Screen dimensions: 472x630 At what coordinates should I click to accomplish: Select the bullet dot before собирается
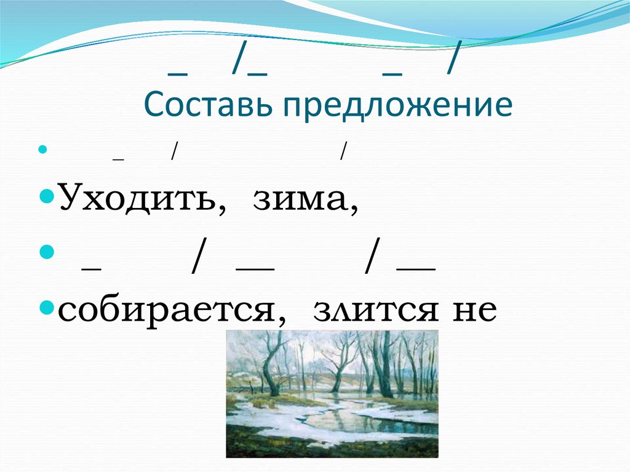coord(52,307)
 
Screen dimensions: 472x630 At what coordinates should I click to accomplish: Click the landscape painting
coord(332,394)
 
